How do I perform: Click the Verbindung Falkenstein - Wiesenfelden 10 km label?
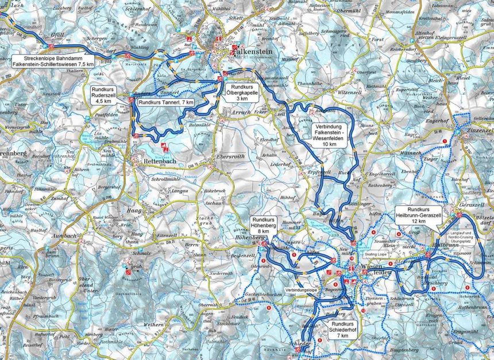point(330,134)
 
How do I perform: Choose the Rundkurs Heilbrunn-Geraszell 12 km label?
point(419,215)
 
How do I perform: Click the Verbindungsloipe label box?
point(301,282)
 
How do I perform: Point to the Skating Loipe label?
point(377,253)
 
